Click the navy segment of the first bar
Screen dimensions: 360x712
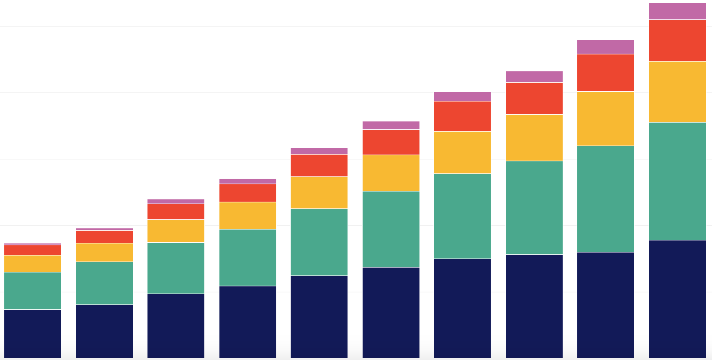click(x=33, y=333)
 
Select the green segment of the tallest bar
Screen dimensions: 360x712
click(x=677, y=181)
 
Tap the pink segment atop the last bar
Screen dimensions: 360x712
click(x=677, y=11)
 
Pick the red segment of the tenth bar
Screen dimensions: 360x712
click(x=677, y=40)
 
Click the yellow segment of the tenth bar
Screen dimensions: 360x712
click(x=677, y=92)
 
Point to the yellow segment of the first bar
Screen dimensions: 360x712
click(x=33, y=263)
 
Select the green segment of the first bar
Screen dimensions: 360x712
click(x=33, y=291)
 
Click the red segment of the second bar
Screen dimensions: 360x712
click(x=105, y=237)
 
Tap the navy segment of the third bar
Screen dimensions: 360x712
click(x=176, y=326)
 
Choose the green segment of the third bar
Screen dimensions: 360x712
click(x=176, y=268)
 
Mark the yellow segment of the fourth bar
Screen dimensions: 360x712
click(x=248, y=216)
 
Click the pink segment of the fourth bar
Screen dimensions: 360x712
click(x=248, y=181)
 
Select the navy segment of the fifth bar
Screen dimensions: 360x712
click(x=319, y=317)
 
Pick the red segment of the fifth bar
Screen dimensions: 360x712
click(x=319, y=166)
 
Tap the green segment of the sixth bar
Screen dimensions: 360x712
click(x=391, y=229)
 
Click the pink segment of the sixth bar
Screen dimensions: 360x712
click(x=391, y=125)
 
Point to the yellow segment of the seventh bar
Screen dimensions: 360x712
click(x=462, y=152)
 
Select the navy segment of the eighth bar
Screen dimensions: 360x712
click(x=534, y=306)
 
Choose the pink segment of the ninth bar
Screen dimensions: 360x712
click(x=606, y=47)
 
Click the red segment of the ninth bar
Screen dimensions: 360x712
click(x=606, y=72)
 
